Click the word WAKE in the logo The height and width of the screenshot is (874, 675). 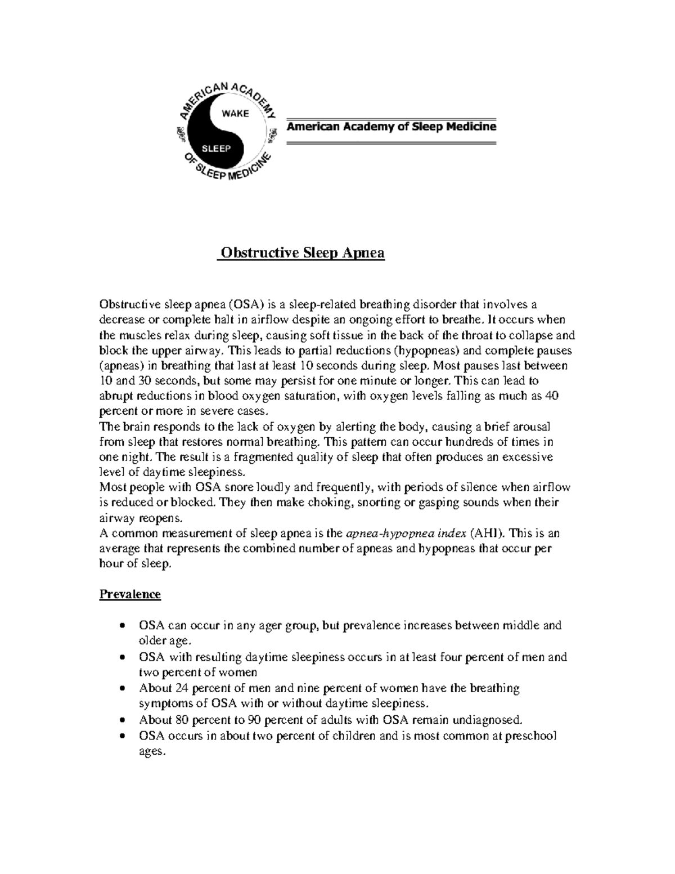click(x=235, y=113)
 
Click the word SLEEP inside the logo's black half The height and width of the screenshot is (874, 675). click(x=217, y=149)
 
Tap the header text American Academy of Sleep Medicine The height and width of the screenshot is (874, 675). click(x=391, y=127)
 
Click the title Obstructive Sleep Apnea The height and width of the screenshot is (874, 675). click(x=302, y=253)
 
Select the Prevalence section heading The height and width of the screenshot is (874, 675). click(x=130, y=594)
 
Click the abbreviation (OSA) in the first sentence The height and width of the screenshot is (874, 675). click(x=246, y=304)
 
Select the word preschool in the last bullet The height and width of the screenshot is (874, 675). click(x=532, y=736)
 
